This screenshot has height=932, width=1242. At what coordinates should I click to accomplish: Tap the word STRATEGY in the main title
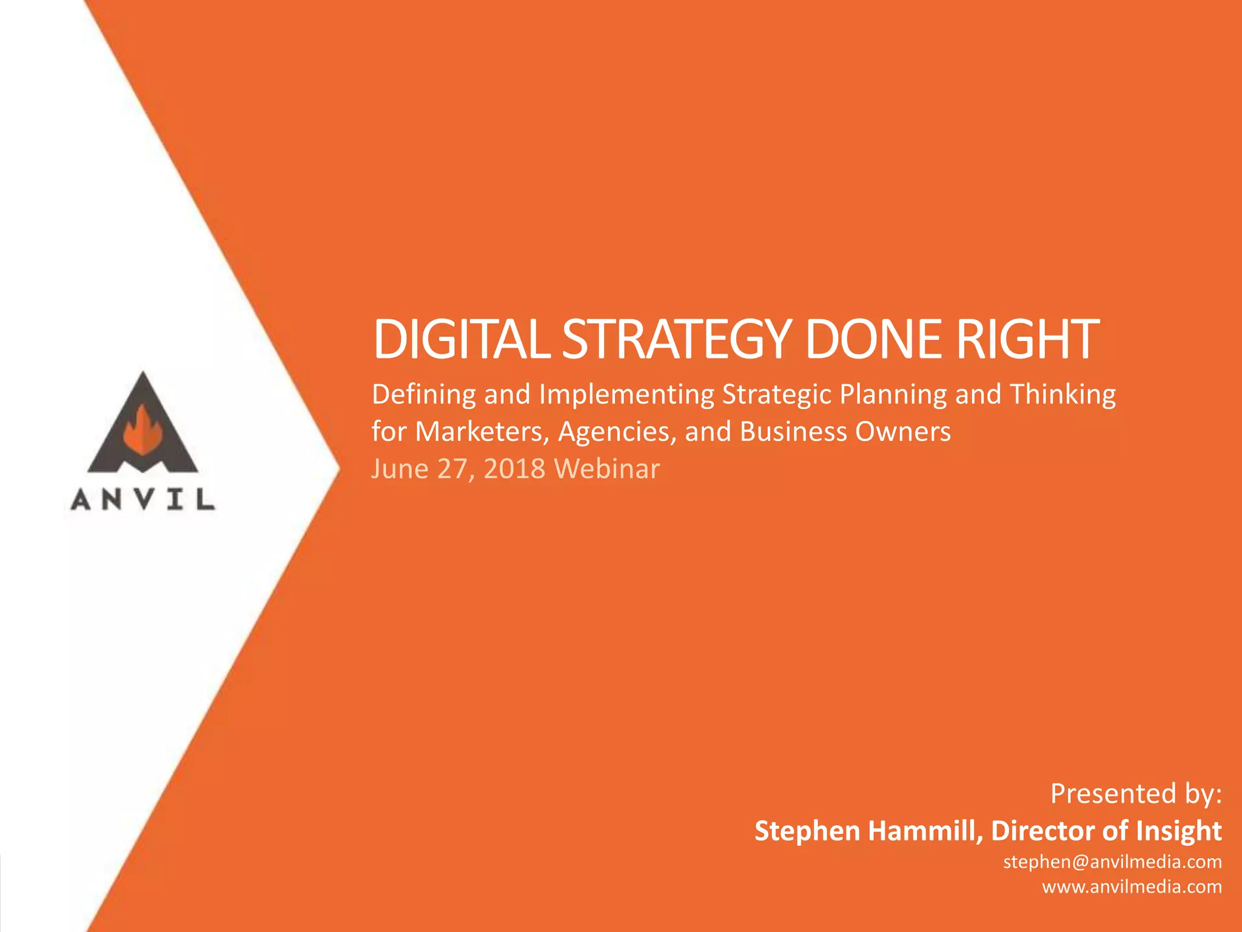[x=677, y=339]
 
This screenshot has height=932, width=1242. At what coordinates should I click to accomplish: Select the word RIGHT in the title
[x=1027, y=339]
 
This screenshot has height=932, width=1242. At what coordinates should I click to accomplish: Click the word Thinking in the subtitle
[x=1062, y=395]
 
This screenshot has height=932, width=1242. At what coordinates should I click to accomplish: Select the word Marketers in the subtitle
[x=482, y=432]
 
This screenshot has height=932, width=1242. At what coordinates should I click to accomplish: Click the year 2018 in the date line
[x=514, y=469]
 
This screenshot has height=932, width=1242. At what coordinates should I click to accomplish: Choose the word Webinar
[x=607, y=469]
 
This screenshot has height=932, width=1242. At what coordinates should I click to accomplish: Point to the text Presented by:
[x=1136, y=794]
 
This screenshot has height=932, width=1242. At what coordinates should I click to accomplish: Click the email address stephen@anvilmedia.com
[x=1112, y=862]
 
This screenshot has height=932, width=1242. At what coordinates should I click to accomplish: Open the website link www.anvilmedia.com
[x=1132, y=887]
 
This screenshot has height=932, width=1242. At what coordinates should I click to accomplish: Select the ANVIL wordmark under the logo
[x=143, y=500]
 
